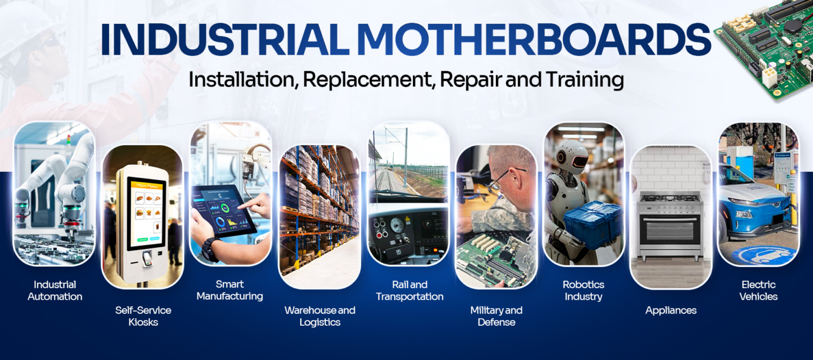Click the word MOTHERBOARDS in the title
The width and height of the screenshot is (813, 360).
click(x=534, y=39)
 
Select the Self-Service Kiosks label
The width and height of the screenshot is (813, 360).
click(x=143, y=316)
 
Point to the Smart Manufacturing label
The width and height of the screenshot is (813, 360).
click(x=230, y=290)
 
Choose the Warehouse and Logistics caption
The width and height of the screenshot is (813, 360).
click(x=320, y=316)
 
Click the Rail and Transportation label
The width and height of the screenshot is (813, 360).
click(x=410, y=290)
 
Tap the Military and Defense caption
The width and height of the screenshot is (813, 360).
click(x=497, y=316)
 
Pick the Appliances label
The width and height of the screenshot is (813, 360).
click(x=671, y=311)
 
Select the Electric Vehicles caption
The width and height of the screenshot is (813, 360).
click(x=758, y=290)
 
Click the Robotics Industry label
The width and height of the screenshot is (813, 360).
click(x=584, y=290)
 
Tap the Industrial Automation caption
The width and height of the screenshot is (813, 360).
click(x=55, y=290)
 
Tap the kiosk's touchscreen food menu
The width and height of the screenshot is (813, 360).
click(x=146, y=214)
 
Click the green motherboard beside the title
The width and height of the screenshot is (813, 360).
click(x=766, y=47)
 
